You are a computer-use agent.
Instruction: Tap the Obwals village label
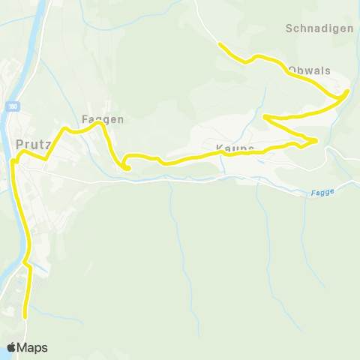[307, 70]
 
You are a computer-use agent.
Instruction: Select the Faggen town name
[102, 118]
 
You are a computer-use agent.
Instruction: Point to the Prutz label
[31, 143]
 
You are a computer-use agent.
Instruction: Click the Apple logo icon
[12, 347]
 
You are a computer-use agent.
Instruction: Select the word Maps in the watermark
[32, 347]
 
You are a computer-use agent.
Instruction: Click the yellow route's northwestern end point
[220, 45]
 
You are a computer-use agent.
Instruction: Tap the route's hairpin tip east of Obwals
[347, 93]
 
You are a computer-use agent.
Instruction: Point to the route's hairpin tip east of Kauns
[316, 140]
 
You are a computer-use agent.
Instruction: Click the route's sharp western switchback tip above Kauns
[265, 116]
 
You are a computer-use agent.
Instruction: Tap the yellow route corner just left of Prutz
[13, 160]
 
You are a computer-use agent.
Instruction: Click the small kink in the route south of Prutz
[25, 263]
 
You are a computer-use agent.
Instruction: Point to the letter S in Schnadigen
[289, 28]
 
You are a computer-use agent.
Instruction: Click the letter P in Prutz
[19, 143]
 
